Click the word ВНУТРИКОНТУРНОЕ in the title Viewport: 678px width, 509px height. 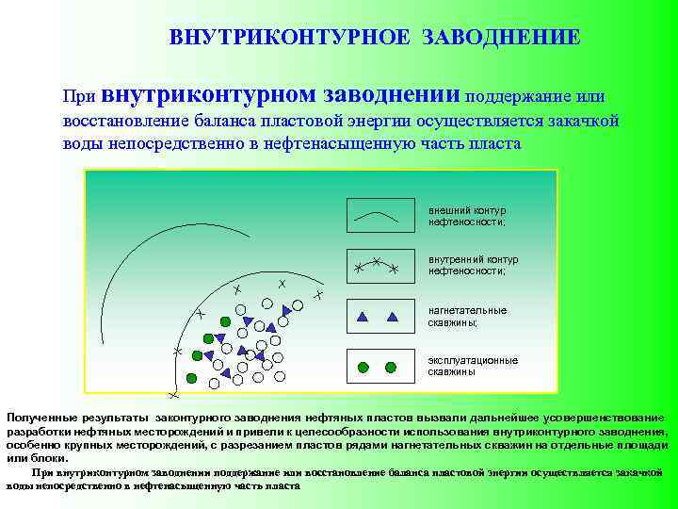tap(289, 38)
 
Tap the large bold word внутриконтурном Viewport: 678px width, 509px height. tap(208, 94)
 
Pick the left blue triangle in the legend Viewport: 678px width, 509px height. tap(363, 316)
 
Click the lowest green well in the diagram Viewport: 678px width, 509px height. tap(192, 378)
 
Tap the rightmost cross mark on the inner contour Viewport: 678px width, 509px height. tap(318, 296)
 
